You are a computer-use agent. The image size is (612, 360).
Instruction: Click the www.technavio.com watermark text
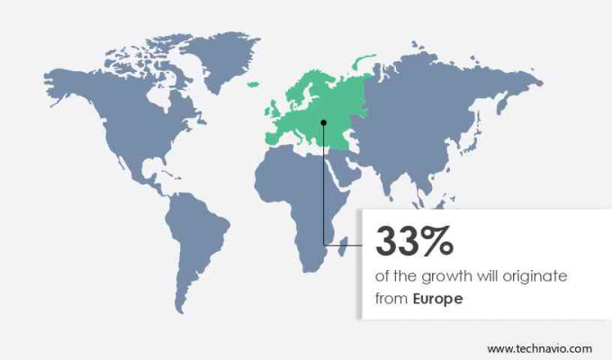540,347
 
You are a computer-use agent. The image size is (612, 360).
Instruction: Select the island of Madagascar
344,240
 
